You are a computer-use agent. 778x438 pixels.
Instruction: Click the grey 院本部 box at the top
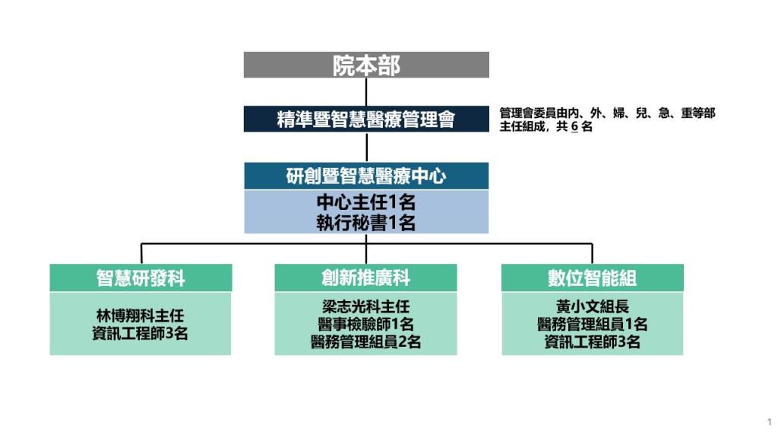366,65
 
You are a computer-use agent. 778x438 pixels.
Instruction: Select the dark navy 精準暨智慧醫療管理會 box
366,119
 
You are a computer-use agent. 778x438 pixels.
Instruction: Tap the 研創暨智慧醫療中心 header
366,176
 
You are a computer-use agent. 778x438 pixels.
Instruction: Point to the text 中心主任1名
366,203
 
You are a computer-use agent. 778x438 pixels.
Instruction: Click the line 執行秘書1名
366,223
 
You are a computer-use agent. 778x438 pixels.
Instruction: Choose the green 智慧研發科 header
141,278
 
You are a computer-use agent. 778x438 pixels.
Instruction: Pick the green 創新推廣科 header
365,278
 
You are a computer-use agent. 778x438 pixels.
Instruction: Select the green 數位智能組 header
592,278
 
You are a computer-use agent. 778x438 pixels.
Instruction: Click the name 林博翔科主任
141,314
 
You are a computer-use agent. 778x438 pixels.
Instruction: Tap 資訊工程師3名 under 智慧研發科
141,333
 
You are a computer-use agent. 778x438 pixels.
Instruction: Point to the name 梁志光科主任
365,306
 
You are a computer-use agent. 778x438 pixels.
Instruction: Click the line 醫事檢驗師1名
365,324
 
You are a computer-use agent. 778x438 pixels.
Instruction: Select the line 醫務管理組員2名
365,342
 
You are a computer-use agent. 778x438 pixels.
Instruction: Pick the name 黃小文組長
592,306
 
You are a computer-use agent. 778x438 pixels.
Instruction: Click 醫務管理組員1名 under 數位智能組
592,324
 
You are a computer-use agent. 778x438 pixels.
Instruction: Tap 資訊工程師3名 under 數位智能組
592,342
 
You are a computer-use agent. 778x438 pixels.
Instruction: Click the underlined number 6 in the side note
574,127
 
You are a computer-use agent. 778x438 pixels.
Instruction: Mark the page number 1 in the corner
769,421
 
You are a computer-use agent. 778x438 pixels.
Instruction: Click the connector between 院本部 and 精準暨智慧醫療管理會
366,91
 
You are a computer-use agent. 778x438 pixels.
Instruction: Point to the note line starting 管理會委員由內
607,113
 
